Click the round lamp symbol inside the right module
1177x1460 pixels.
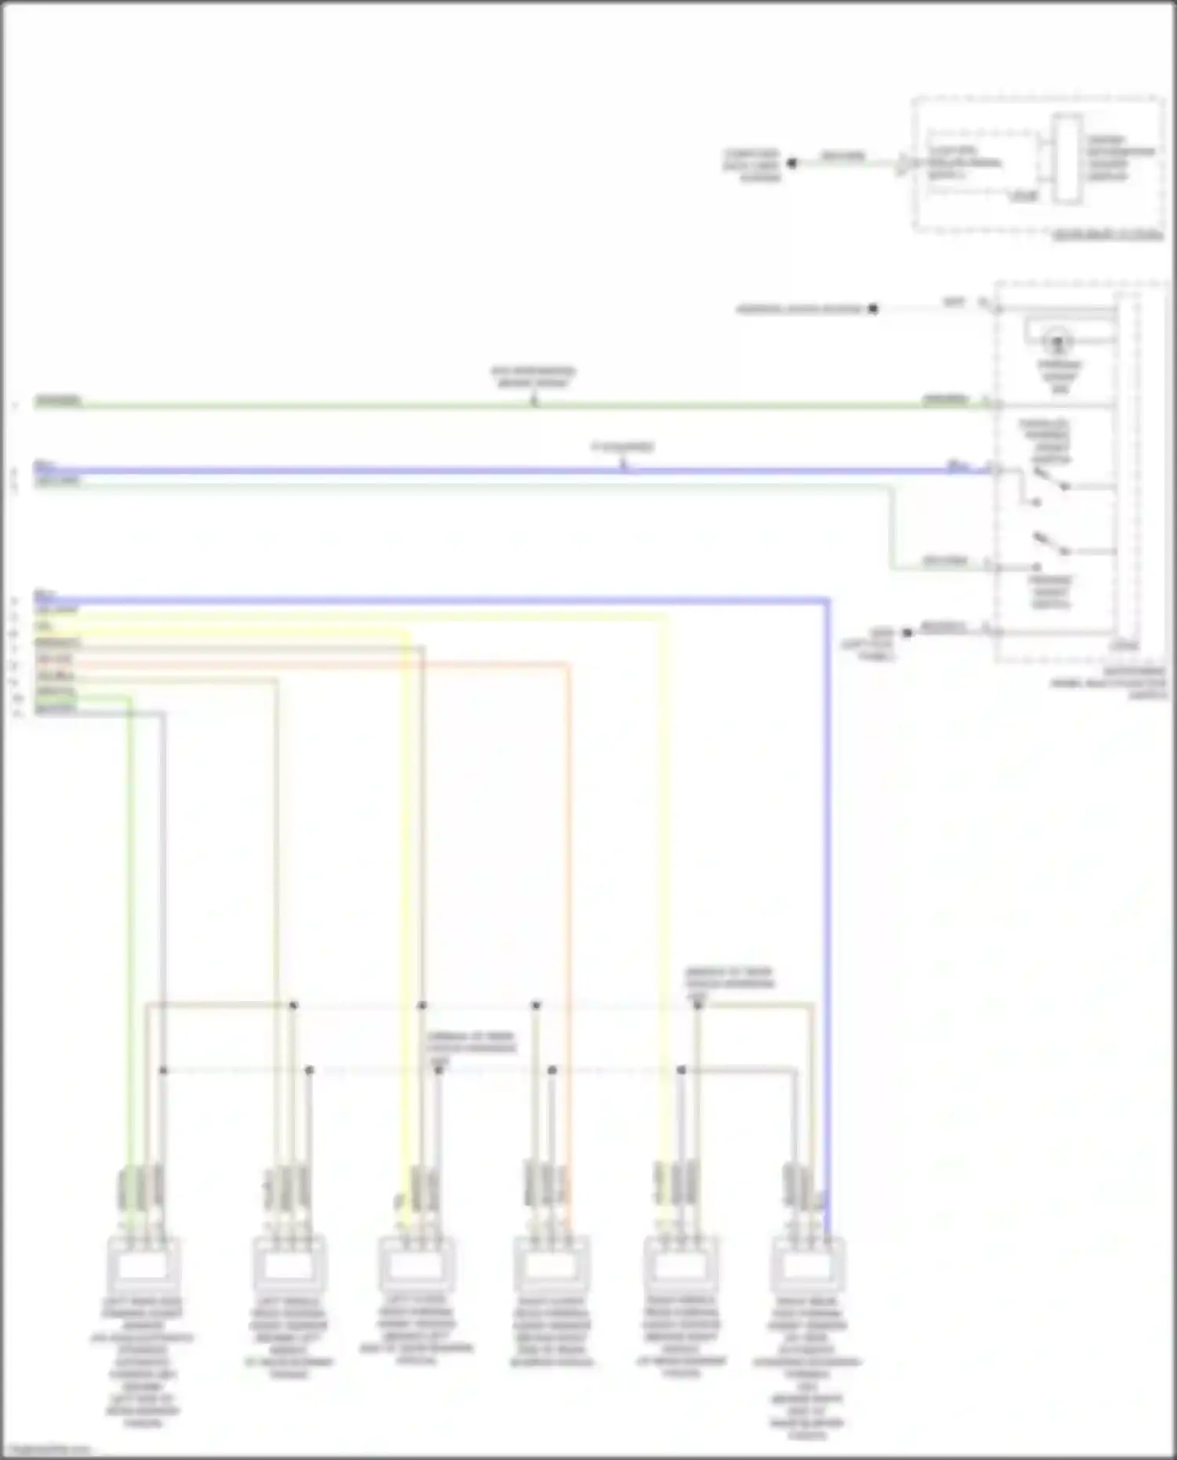click(1058, 342)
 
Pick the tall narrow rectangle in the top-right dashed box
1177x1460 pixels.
click(1067, 158)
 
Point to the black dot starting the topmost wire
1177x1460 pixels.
click(792, 163)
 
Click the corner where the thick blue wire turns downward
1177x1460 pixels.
click(827, 601)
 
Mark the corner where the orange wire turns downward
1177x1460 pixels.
click(567, 665)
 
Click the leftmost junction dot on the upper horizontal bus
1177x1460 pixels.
click(293, 1005)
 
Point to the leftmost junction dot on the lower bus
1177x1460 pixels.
click(163, 1070)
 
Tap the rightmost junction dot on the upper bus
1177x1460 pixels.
click(698, 1005)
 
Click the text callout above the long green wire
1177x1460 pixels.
click(534, 377)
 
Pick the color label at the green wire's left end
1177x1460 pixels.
click(58, 401)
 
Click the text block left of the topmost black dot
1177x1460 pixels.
click(752, 165)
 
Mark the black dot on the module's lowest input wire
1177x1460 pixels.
click(907, 632)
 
